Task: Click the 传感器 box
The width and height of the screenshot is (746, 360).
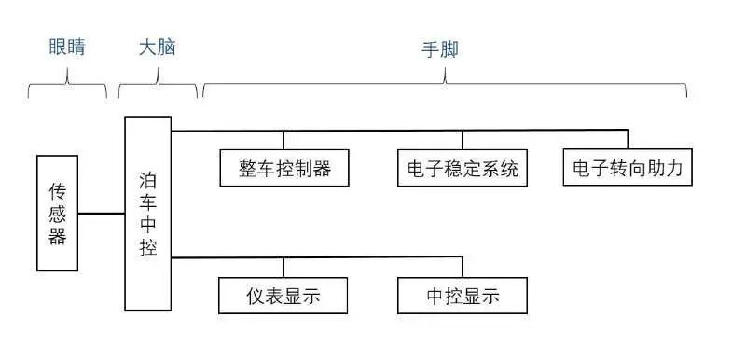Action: (x=57, y=214)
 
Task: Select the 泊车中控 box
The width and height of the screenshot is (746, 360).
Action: (x=147, y=214)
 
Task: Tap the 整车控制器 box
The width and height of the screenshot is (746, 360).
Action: (x=285, y=169)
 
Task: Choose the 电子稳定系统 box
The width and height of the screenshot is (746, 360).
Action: (x=463, y=169)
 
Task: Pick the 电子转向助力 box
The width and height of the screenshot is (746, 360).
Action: (x=629, y=169)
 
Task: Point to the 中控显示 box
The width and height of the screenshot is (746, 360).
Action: (x=463, y=296)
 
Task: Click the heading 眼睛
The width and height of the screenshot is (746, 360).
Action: (x=67, y=48)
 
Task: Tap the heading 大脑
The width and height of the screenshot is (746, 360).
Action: (x=157, y=48)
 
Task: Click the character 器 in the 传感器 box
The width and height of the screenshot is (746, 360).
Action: (x=58, y=236)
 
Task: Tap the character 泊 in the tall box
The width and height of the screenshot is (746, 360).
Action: (x=147, y=178)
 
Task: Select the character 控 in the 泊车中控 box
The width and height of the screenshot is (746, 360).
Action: (x=147, y=248)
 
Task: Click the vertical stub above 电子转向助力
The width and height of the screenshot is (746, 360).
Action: (x=628, y=140)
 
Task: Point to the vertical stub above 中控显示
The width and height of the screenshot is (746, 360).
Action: (x=463, y=267)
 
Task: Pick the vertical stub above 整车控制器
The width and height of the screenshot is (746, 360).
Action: (x=285, y=140)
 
